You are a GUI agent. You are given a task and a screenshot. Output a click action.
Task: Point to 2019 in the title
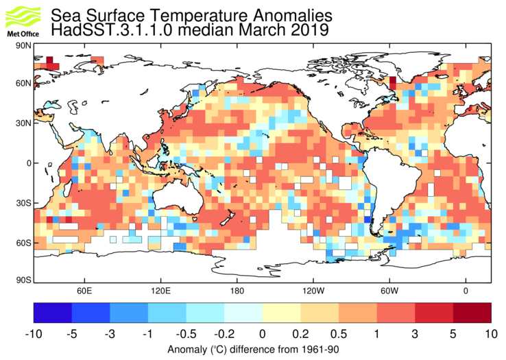pyautogui.click(x=309, y=30)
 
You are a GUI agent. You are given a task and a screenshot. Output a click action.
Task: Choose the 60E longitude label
pyautogui.click(x=84, y=291)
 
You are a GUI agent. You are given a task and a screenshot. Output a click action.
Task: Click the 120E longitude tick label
pyautogui.click(x=160, y=291)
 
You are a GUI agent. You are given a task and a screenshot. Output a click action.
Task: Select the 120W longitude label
pyautogui.click(x=313, y=291)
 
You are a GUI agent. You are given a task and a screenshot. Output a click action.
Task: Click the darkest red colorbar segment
pyautogui.click(x=472, y=312)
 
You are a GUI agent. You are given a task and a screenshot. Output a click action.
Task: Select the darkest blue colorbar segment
pyautogui.click(x=53, y=312)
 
